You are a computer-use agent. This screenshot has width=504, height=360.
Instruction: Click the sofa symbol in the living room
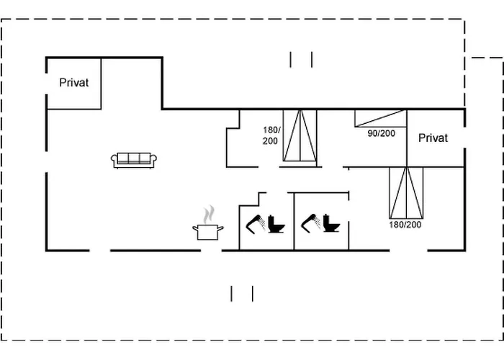[134, 160]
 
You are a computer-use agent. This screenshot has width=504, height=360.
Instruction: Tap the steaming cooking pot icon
[208, 230]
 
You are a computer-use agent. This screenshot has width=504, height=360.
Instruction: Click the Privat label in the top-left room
[74, 83]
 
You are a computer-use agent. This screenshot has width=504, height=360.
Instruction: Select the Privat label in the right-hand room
[433, 138]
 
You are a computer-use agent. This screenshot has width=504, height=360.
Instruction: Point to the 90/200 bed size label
[382, 133]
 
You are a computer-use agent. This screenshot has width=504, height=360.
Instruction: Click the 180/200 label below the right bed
[405, 225]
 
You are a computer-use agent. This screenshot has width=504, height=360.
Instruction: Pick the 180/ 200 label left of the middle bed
[270, 135]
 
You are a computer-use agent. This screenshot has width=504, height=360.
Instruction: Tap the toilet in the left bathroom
[276, 225]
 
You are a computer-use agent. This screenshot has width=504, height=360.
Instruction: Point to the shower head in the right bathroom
[310, 222]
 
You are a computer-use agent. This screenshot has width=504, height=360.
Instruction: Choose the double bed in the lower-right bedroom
[406, 192]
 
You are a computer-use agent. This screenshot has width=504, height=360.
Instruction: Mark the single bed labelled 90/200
[379, 118]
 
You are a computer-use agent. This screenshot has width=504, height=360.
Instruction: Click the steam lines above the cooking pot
[209, 215]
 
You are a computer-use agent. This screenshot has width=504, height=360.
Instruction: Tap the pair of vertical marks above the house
[301, 59]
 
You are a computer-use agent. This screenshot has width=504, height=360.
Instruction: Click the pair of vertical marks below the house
[242, 293]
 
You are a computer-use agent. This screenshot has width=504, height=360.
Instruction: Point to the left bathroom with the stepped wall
[266, 220]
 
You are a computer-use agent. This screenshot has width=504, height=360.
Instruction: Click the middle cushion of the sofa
[134, 159]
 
